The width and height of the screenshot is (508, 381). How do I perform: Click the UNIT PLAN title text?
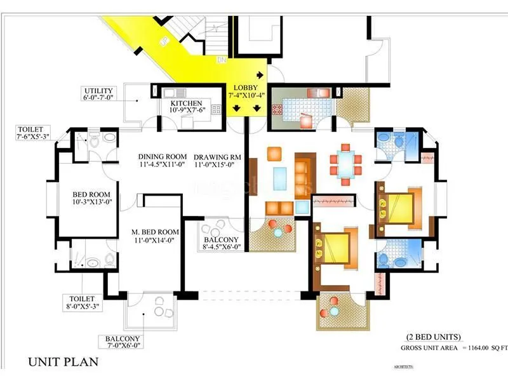point(63,363)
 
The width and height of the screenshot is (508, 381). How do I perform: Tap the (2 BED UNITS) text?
point(434,337)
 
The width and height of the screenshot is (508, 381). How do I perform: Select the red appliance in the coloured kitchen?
point(307,120)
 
